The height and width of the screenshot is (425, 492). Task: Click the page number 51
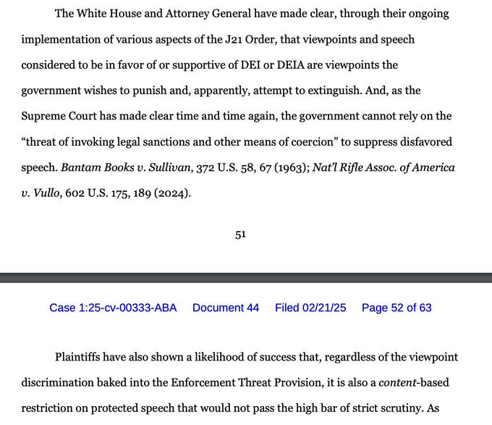pyautogui.click(x=241, y=235)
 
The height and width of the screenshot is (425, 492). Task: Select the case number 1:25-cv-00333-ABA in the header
pyautogui.click(x=112, y=308)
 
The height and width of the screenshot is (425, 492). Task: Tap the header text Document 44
pyautogui.click(x=226, y=308)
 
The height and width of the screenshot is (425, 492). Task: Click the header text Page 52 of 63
pyautogui.click(x=396, y=308)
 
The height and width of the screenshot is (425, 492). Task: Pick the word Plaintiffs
pyautogui.click(x=85, y=358)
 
